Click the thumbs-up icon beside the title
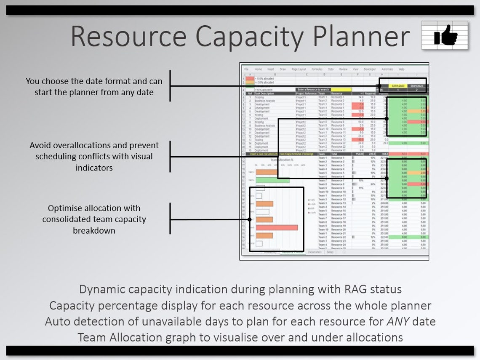(x=445, y=35)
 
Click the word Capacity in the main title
(x=249, y=37)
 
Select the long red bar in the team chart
(x=277, y=227)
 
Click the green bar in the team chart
(x=272, y=180)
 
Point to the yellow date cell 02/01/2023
(x=397, y=86)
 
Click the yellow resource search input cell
(x=341, y=90)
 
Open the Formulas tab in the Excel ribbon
(x=317, y=69)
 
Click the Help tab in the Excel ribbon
(x=401, y=69)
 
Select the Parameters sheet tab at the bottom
(x=314, y=252)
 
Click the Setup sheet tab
(x=330, y=252)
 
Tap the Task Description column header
(x=264, y=93)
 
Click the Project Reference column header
(x=306, y=93)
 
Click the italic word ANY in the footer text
(x=398, y=322)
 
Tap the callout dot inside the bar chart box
(x=250, y=219)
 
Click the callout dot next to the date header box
(x=379, y=86)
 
